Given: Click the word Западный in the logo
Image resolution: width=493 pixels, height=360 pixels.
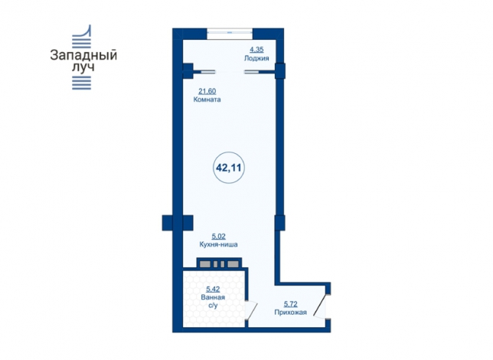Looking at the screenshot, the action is [83, 55].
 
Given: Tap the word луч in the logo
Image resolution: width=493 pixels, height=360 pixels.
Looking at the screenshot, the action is [83, 67].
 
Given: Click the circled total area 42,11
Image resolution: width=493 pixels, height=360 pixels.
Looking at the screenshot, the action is [229, 168].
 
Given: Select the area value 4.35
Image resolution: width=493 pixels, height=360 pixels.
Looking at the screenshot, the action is [256, 50].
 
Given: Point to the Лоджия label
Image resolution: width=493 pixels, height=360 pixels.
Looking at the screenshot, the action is [256, 58].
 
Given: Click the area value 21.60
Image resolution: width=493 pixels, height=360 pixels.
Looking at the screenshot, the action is [207, 91].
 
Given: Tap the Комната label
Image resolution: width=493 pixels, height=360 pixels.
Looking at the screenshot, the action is [207, 100].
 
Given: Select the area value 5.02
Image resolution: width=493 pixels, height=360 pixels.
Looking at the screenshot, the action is [218, 236].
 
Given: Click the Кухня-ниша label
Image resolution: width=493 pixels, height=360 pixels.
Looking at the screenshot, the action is [218, 244].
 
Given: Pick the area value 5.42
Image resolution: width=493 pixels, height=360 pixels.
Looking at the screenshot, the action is [213, 289].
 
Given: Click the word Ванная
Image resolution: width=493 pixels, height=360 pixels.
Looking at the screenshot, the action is [213, 297].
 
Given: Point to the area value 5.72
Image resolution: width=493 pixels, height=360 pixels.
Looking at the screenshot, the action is [291, 304].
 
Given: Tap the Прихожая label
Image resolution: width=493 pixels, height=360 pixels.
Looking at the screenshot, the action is [291, 313].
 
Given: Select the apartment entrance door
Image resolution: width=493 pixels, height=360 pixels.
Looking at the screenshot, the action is [322, 306].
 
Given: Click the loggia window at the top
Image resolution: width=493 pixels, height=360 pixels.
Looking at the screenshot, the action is [230, 32].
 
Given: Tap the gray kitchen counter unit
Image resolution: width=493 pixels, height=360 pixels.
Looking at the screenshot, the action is [219, 263].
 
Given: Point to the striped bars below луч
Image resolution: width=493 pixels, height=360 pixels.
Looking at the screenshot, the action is [81, 83].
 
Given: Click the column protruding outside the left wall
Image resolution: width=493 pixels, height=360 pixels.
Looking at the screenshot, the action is [167, 223].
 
